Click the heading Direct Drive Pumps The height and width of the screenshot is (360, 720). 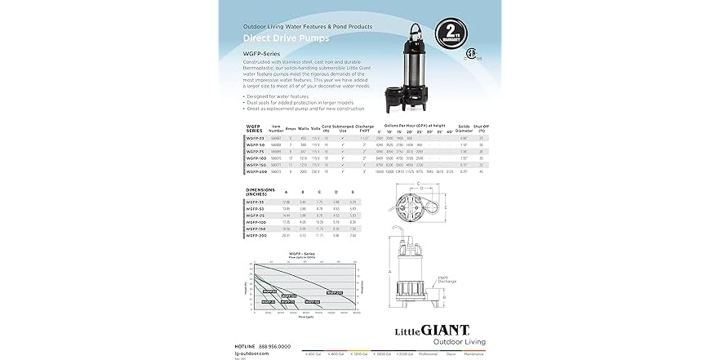tap(278, 38)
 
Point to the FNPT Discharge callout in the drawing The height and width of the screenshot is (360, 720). tap(448, 278)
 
